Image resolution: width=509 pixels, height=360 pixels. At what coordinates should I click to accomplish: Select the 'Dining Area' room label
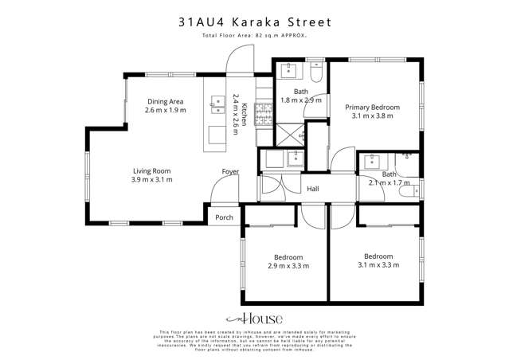click(x=165, y=101)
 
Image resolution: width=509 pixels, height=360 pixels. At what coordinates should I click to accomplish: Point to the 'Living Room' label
click(x=151, y=170)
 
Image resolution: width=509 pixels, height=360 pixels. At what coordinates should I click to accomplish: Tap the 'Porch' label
click(x=225, y=217)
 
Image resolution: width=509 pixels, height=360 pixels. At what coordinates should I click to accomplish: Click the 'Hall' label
click(x=313, y=189)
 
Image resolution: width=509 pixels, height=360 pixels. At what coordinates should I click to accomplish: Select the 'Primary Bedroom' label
click(x=372, y=106)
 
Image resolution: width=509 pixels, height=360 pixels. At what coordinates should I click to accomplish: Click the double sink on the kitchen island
click(x=217, y=101)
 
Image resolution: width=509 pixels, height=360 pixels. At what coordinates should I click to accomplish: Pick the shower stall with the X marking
click(x=288, y=135)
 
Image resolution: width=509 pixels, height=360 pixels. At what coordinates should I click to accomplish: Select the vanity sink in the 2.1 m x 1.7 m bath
click(x=371, y=162)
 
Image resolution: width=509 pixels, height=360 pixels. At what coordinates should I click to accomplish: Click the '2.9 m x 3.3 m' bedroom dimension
click(x=288, y=266)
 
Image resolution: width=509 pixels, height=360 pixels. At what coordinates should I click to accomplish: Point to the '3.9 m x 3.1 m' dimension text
click(x=151, y=180)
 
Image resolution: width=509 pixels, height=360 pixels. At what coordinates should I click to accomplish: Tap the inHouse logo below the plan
click(x=254, y=317)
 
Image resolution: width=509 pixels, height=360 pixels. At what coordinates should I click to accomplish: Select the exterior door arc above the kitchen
click(x=237, y=60)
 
